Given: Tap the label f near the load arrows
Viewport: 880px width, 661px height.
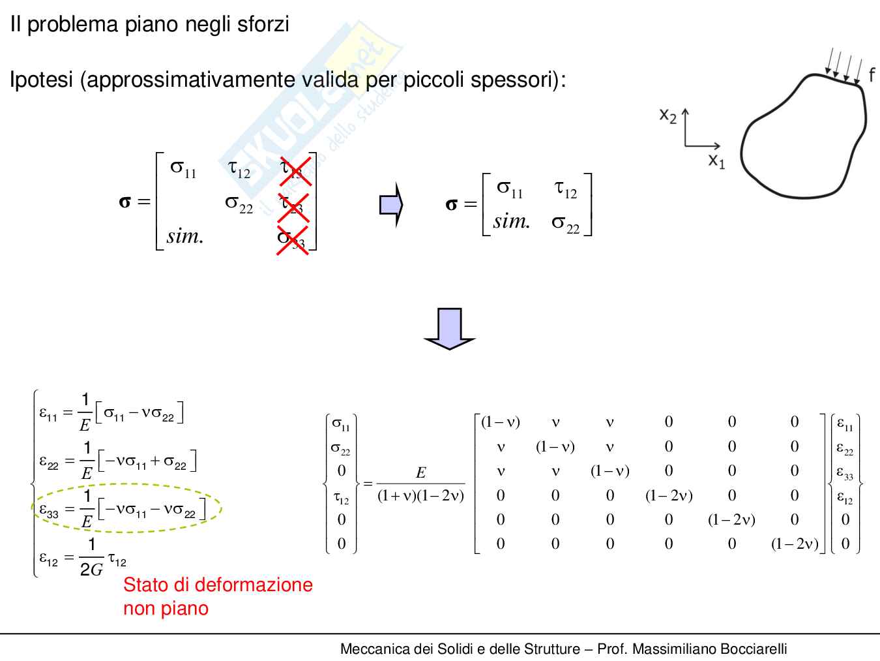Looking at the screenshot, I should (x=872, y=74).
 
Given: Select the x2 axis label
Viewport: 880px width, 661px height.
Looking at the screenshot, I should (x=667, y=115).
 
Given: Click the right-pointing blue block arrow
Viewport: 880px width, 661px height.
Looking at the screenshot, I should (x=391, y=205).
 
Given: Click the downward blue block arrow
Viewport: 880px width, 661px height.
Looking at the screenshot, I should (x=449, y=328).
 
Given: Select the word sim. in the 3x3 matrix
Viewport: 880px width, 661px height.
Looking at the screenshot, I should (x=185, y=236).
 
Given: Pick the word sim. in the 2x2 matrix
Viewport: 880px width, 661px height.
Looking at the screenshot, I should (x=512, y=222).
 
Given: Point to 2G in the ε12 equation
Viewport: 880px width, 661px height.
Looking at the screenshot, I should (x=91, y=569).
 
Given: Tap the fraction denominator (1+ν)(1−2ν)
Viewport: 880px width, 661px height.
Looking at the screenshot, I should (x=420, y=495).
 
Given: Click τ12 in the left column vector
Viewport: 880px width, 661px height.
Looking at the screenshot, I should (x=341, y=499).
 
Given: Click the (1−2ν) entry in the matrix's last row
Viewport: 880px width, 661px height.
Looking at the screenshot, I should (x=795, y=544).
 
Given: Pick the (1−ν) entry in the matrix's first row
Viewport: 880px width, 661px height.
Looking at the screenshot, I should (x=500, y=422).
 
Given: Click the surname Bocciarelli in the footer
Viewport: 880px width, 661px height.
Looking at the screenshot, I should (x=749, y=649).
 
